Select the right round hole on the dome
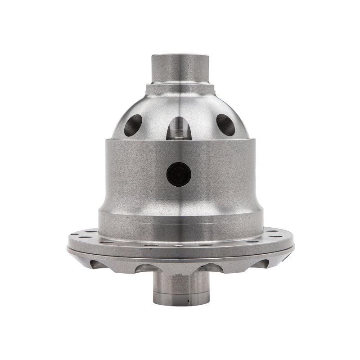(226, 124)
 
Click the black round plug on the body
(179, 174)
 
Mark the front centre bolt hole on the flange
(180, 246)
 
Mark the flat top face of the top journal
(180, 55)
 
